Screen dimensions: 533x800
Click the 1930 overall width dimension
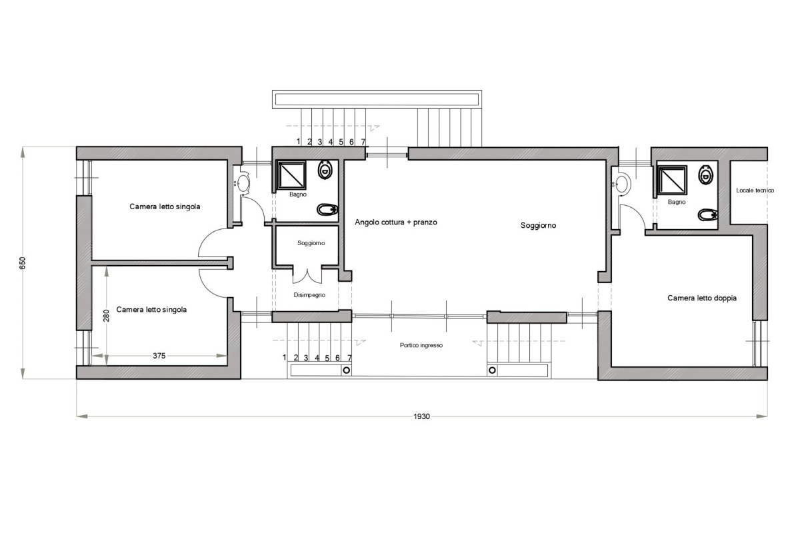click(421, 416)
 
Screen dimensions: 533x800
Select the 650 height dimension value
click(23, 263)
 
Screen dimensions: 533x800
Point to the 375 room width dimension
click(159, 356)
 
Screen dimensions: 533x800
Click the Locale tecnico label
click(755, 191)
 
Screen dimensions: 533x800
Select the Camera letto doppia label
click(701, 298)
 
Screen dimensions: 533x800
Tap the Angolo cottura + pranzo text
click(396, 222)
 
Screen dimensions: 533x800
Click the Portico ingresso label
click(421, 345)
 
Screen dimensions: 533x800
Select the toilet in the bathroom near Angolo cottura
click(325, 170)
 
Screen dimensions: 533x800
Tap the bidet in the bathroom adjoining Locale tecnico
click(707, 215)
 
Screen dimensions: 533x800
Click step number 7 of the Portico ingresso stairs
click(349, 358)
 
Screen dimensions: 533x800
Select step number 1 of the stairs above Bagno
click(299, 141)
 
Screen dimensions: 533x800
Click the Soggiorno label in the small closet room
click(311, 243)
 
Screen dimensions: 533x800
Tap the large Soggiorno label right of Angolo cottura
click(538, 226)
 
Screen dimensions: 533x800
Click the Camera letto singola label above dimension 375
click(151, 310)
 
